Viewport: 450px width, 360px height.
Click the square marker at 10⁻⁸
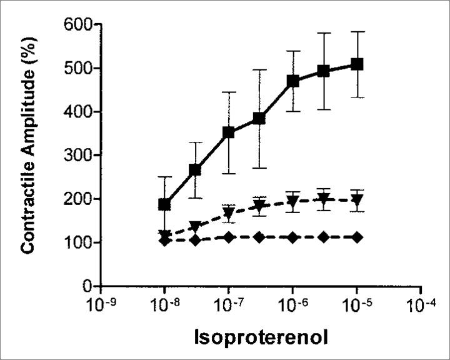[164, 204]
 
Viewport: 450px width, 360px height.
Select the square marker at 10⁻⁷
[229, 132]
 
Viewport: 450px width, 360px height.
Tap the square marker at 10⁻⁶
[292, 81]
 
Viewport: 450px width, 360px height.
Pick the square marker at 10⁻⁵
[357, 64]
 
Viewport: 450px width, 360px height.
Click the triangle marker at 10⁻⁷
[229, 212]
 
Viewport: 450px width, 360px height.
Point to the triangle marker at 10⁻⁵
[357, 201]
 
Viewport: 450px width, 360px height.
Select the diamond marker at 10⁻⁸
[164, 241]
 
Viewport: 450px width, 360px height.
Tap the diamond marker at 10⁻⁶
[292, 237]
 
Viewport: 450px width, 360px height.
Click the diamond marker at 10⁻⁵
[357, 237]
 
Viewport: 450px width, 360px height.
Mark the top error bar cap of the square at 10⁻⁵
[357, 31]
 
